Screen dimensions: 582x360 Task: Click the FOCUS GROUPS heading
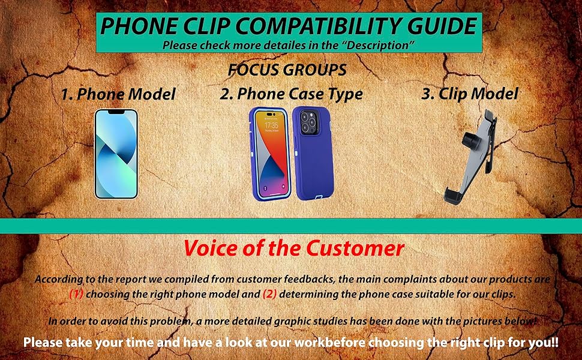point(287,70)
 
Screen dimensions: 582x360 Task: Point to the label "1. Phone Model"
point(118,94)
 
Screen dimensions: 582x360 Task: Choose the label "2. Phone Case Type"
point(291,94)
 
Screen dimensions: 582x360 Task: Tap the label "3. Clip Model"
point(470,94)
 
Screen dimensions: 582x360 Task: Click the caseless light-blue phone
point(116,154)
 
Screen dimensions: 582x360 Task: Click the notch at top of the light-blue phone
point(116,112)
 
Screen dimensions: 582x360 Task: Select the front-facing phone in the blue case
point(269,154)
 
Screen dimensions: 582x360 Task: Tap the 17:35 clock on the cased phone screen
point(271,125)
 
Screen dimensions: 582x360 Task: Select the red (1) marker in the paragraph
point(76,294)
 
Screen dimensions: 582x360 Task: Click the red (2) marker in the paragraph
point(269,294)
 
